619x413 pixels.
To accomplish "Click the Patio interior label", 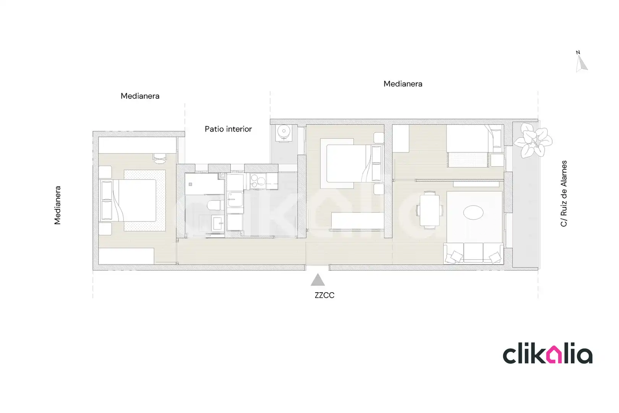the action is [x=228, y=129].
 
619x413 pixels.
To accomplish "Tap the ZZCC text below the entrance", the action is [x=324, y=295].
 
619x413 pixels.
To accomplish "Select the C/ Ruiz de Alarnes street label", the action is [x=564, y=193].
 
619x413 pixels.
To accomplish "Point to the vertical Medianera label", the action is [x=57, y=205].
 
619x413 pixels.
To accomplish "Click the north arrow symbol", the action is [x=581, y=64].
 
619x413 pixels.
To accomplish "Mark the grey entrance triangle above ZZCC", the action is [x=318, y=280].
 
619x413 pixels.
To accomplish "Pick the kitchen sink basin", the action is [x=235, y=200].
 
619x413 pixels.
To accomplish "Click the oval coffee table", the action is [x=473, y=213].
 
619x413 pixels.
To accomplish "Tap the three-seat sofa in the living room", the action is [x=473, y=253].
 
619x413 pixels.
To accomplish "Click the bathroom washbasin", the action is [x=218, y=223].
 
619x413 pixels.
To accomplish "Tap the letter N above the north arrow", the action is [x=578, y=52].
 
